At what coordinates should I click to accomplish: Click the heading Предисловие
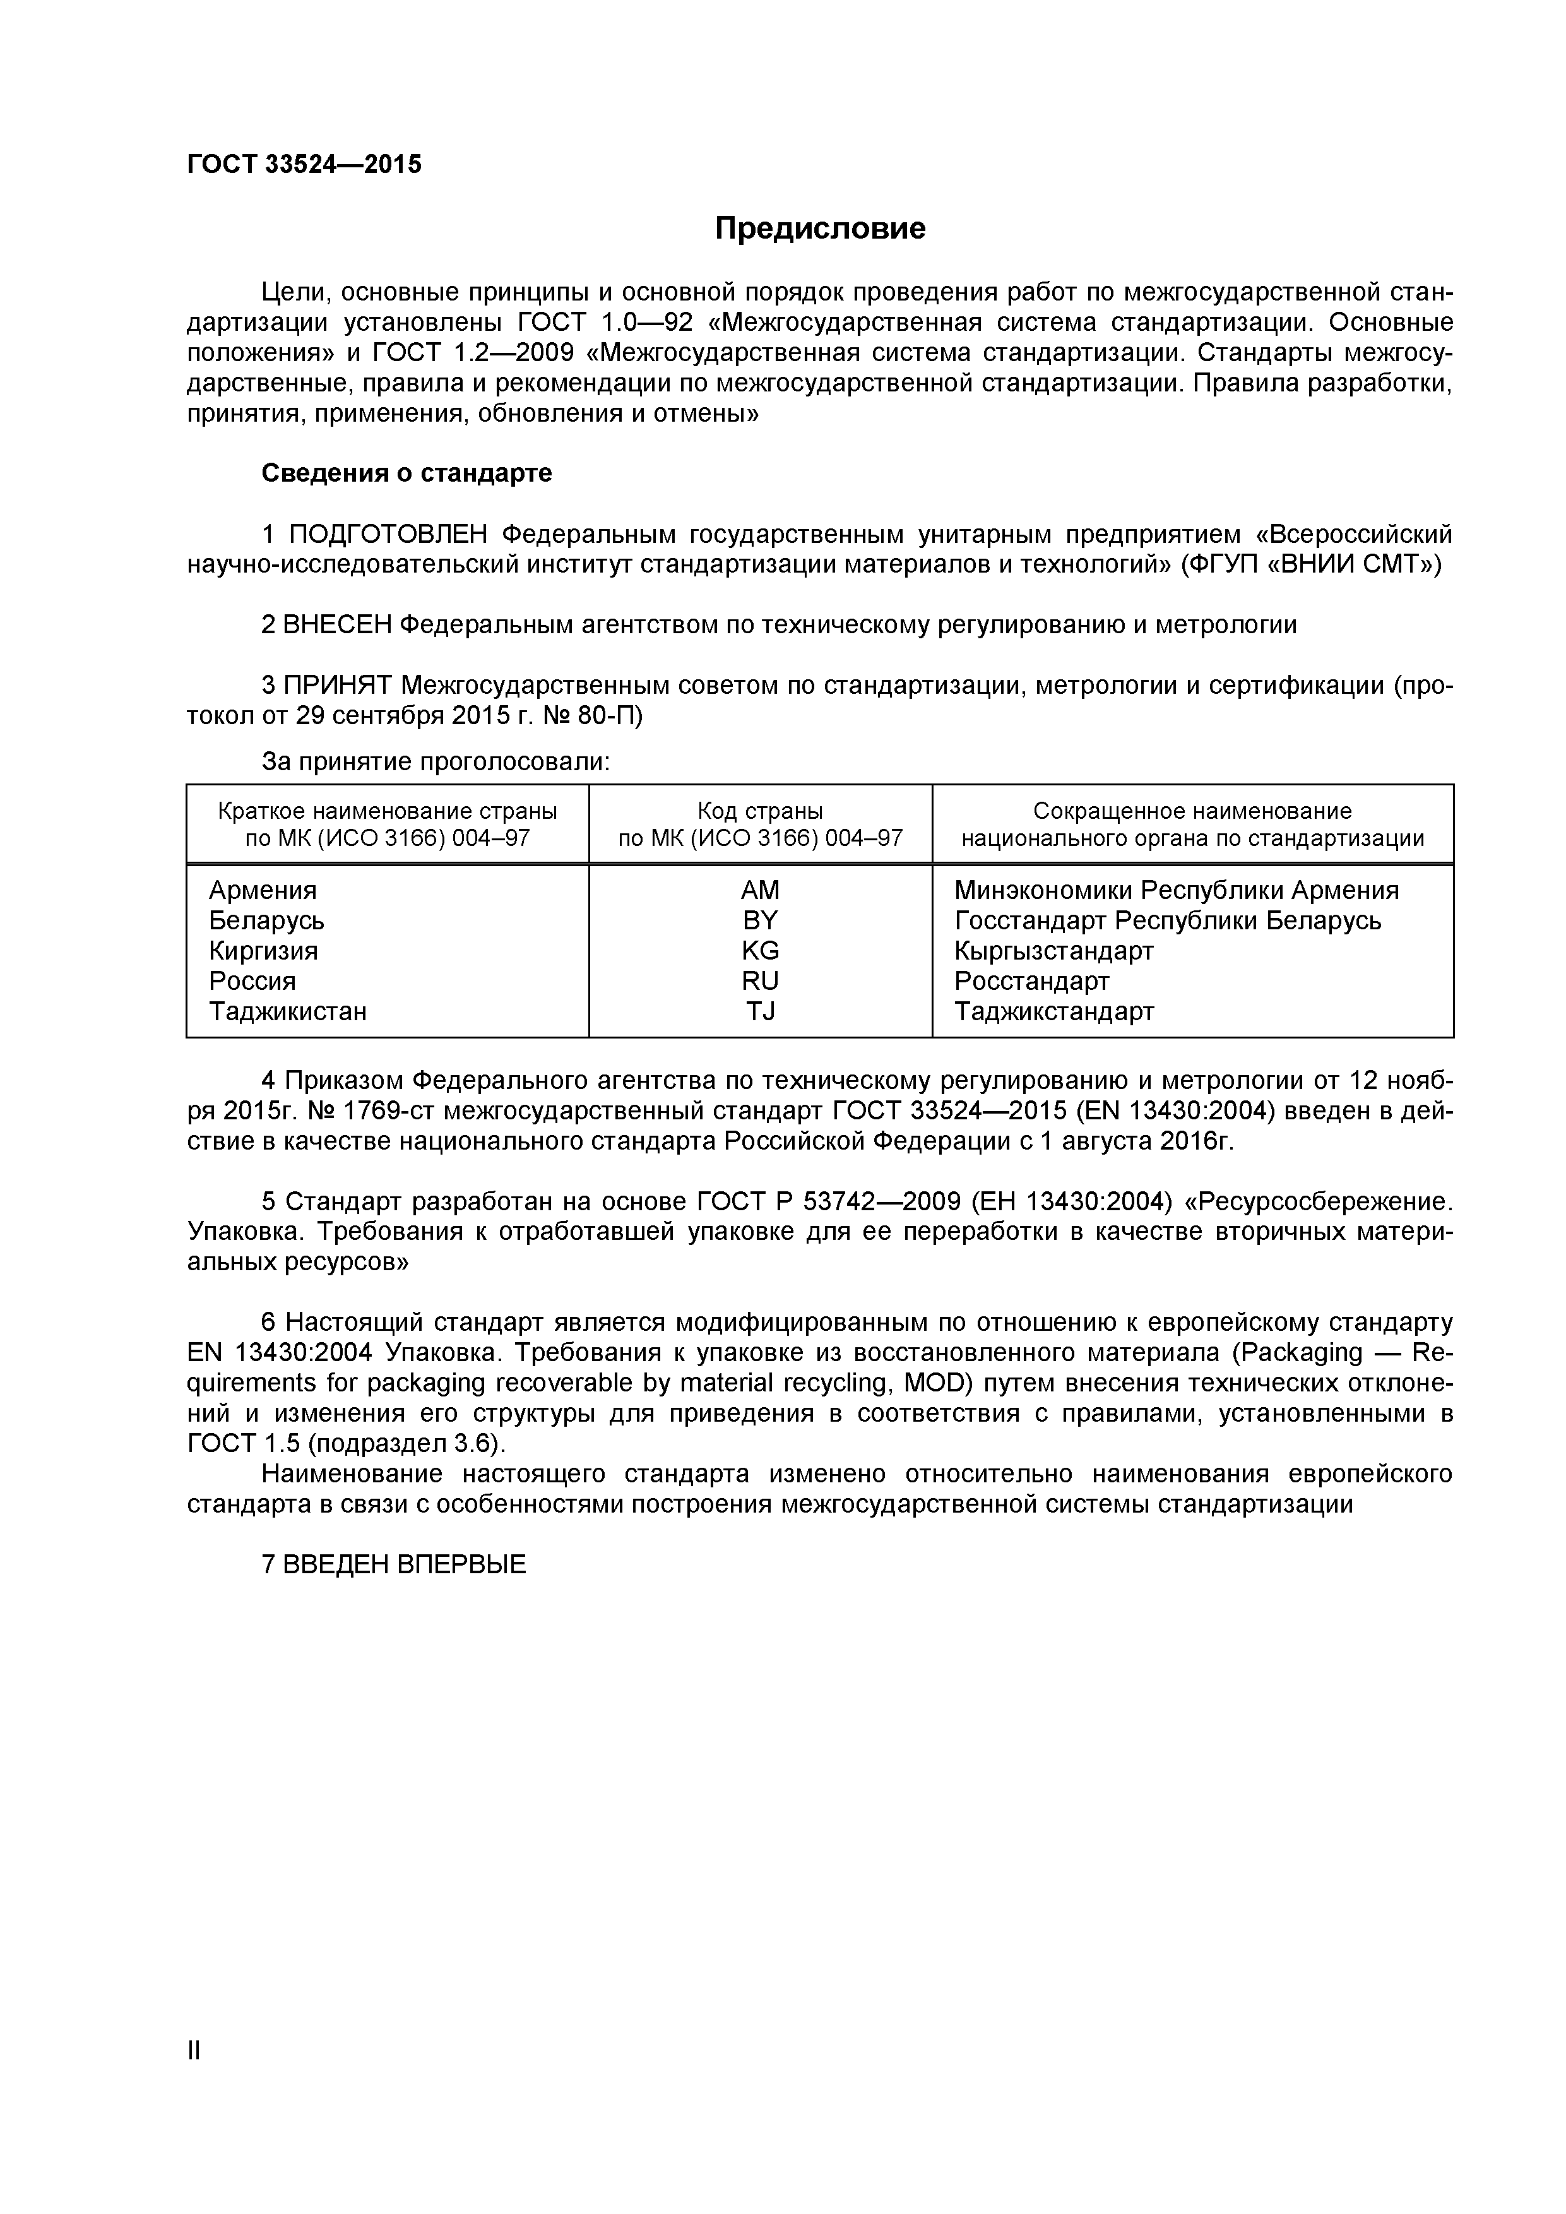click(820, 229)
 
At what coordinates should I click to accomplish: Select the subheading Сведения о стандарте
click(407, 473)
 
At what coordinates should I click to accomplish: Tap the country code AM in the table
click(760, 890)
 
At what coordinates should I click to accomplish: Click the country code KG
click(760, 951)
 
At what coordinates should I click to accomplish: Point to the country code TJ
click(760, 1011)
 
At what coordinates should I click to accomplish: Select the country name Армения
click(263, 890)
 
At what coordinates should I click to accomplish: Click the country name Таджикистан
click(287, 1011)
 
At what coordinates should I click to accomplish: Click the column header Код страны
click(760, 811)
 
